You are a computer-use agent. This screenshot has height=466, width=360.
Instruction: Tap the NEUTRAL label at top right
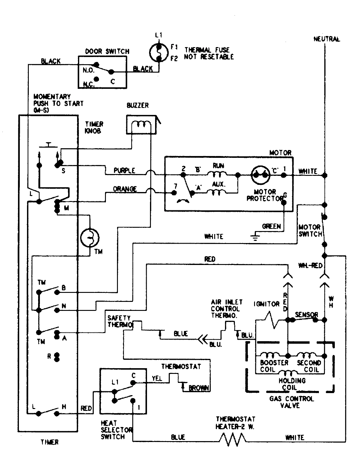[x=327, y=39]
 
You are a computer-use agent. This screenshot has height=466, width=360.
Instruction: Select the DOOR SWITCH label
[x=107, y=51]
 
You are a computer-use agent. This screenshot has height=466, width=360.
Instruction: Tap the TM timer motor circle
[x=90, y=237]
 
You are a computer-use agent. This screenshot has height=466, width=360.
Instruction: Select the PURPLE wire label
[x=124, y=171]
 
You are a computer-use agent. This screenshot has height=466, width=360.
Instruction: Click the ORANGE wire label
[x=125, y=189]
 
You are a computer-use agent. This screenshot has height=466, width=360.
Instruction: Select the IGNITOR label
[x=266, y=304]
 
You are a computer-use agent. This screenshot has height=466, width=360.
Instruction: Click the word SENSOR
[x=306, y=315]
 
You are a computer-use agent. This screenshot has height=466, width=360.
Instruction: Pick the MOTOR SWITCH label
[x=310, y=230]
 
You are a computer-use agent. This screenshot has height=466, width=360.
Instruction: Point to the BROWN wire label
[x=198, y=388]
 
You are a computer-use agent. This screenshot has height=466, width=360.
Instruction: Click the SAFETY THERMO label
[x=119, y=321]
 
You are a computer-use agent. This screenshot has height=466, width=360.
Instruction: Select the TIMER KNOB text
[x=94, y=127]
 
